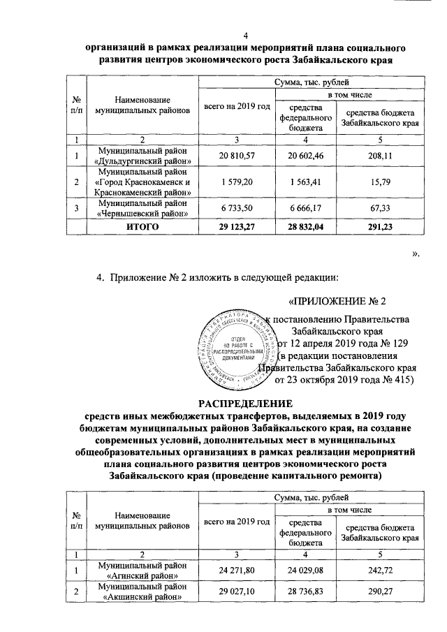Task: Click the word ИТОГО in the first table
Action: (x=142, y=227)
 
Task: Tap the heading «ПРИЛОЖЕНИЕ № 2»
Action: (x=337, y=302)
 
